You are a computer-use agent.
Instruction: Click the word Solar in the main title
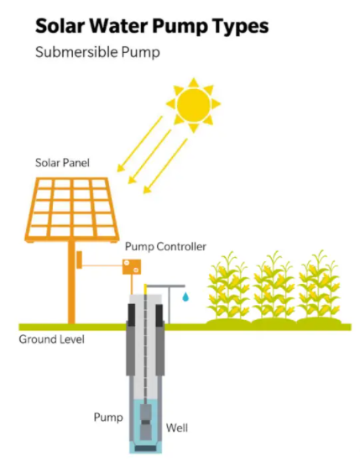(x=60, y=26)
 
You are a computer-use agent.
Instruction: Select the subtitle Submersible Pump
(x=97, y=52)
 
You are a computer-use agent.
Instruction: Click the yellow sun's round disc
(x=193, y=104)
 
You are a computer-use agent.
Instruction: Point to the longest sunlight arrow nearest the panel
(x=139, y=144)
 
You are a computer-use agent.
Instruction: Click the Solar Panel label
(x=62, y=163)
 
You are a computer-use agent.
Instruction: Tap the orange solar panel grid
(x=72, y=208)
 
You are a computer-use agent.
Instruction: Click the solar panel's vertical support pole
(x=71, y=281)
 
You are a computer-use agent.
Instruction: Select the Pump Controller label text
(x=165, y=247)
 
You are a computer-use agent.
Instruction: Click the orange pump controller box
(x=132, y=266)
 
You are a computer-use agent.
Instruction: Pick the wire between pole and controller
(x=102, y=266)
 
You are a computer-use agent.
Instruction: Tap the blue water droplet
(x=185, y=297)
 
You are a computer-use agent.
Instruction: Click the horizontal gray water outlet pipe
(x=165, y=286)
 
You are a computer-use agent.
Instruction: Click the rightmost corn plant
(x=319, y=286)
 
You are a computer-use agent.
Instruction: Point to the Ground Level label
(x=51, y=339)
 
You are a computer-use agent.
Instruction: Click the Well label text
(x=176, y=428)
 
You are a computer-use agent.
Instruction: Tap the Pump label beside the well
(x=108, y=417)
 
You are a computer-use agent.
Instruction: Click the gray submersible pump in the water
(x=145, y=422)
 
